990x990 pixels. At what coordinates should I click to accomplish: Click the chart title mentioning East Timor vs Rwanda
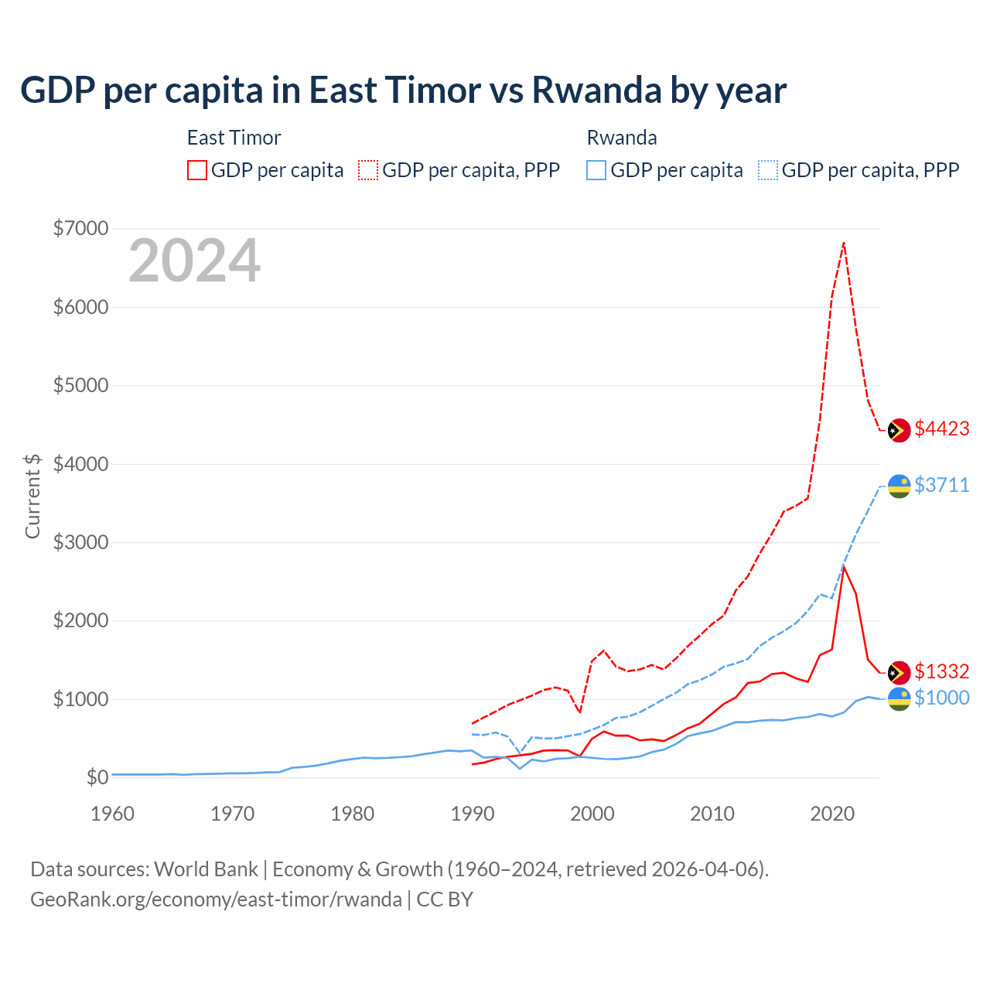pos(403,90)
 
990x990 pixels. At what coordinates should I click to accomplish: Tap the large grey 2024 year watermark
pos(194,261)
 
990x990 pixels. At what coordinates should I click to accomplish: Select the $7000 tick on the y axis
pos(80,229)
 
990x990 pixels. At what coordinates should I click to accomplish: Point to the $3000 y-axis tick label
pos(80,542)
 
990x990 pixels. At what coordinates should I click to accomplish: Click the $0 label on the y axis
pos(97,777)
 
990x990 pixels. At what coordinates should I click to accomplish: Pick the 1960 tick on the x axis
pos(113,814)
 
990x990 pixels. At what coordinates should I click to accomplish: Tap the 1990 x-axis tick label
pos(473,814)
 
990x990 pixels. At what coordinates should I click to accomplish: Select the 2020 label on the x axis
pos(832,814)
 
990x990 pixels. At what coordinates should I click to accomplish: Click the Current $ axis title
pos(32,496)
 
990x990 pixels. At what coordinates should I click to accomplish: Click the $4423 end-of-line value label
pos(941,429)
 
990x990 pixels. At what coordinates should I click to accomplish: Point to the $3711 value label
pos(941,485)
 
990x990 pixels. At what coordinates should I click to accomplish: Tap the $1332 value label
pos(941,671)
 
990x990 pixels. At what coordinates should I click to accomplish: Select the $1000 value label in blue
pos(941,698)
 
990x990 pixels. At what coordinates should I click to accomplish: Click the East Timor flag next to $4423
pos(899,431)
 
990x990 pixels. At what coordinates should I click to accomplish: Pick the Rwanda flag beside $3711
pos(899,486)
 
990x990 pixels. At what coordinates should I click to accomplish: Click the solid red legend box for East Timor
pos(197,170)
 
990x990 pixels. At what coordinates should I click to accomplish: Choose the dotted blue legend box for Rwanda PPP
pos(768,170)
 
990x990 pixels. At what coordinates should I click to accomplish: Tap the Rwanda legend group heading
pos(622,138)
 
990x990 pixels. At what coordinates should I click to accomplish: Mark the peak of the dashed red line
pos(844,243)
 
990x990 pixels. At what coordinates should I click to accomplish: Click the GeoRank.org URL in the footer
pos(216,900)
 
